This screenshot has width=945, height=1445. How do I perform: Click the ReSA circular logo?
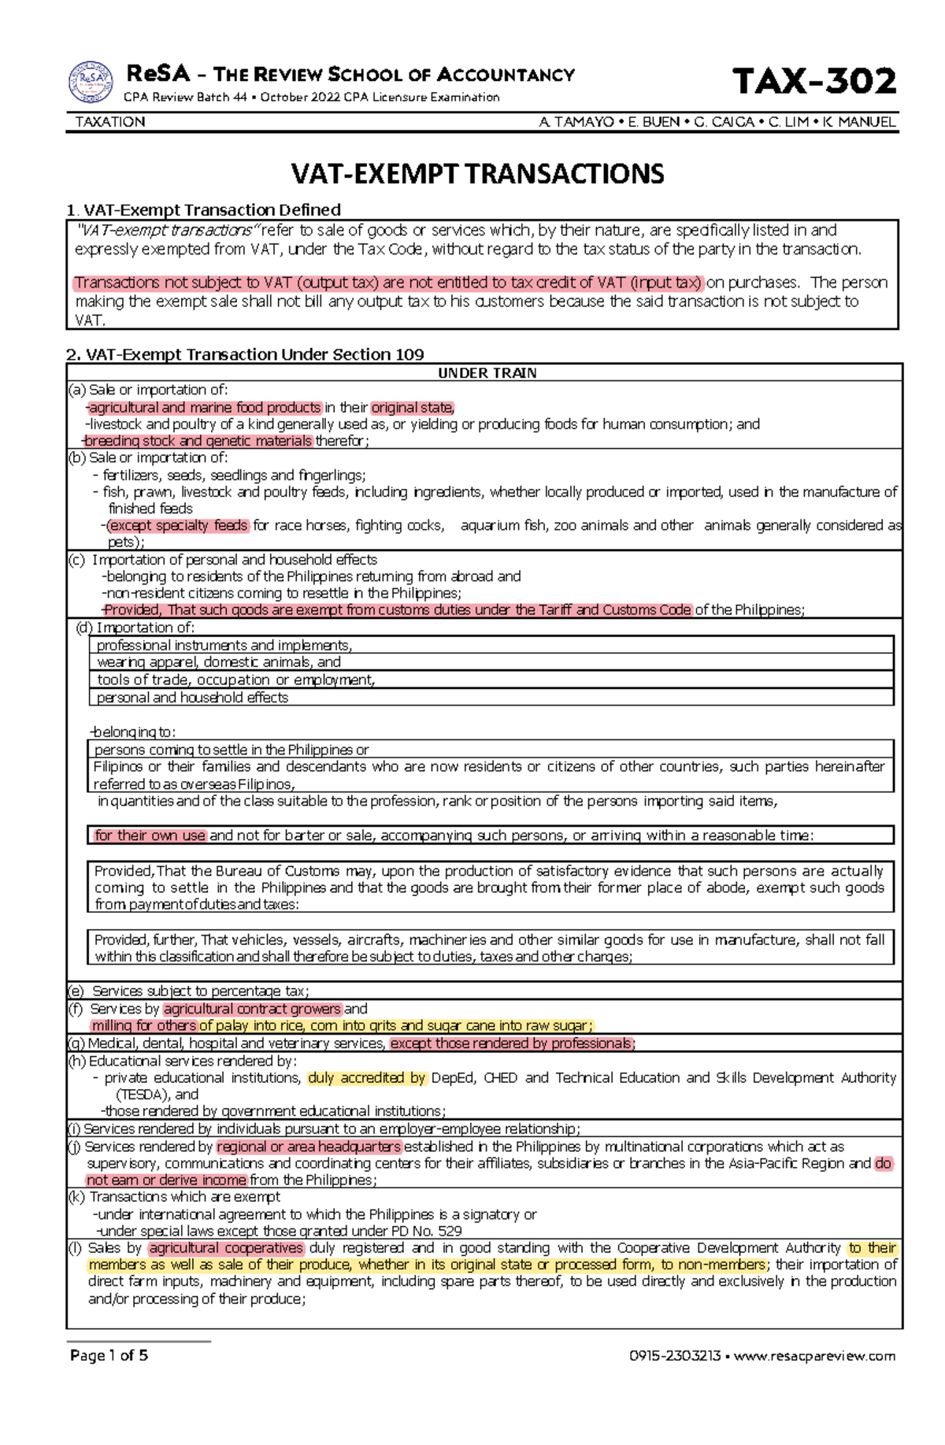91,82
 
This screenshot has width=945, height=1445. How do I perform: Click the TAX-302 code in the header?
814,81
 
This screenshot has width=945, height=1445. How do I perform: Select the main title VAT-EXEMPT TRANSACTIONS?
478,173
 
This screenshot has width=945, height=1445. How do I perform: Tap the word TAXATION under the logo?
110,122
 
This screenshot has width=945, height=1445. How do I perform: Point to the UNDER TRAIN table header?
487,372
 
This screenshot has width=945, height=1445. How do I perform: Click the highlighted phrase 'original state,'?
413,408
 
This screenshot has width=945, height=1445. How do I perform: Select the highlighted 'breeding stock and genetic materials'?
198,441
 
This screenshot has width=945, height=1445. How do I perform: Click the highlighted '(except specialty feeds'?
178,525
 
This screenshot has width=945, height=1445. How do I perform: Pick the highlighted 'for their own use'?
150,836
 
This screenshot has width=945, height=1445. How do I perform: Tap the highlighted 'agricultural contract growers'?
252,1009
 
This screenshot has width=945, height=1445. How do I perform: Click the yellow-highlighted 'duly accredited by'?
367,1078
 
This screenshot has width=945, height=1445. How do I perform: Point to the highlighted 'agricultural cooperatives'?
226,1248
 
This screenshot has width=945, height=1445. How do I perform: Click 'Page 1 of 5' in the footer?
109,1355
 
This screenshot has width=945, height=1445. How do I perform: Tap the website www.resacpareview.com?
814,1356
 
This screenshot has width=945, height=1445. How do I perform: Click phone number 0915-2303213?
675,1356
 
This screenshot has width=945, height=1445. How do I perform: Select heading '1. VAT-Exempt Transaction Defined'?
204,209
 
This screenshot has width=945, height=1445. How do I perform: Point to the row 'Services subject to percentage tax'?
200,991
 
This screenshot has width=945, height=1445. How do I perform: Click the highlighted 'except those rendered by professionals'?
513,1043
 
